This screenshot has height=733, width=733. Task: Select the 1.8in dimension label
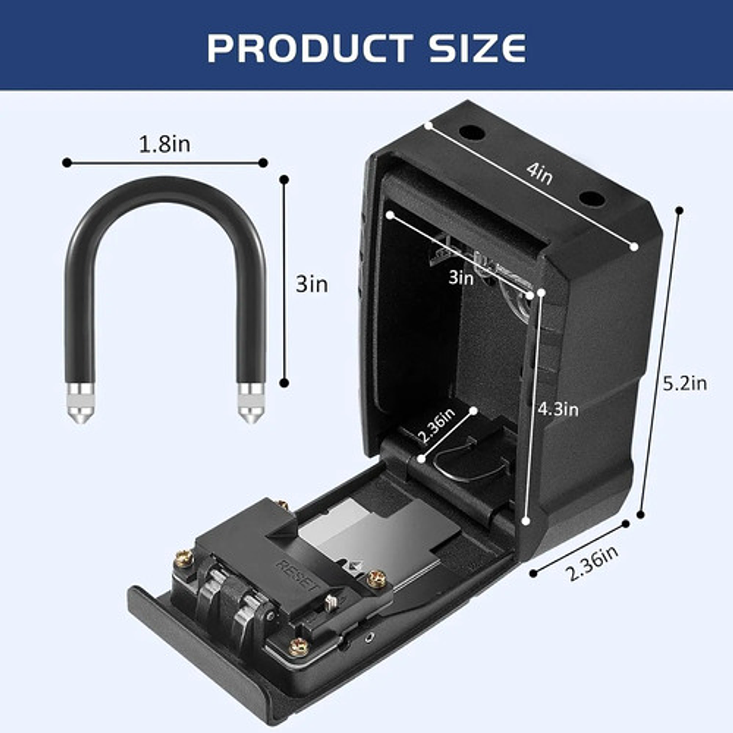pyautogui.click(x=164, y=144)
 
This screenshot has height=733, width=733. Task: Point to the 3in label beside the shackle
pyautogui.click(x=312, y=285)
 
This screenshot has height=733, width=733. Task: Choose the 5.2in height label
pyautogui.click(x=684, y=383)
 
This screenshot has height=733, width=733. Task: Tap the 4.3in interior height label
pyautogui.click(x=558, y=409)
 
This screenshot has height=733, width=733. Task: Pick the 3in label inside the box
pyautogui.click(x=460, y=279)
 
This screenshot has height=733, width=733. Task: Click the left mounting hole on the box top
pyautogui.click(x=472, y=133)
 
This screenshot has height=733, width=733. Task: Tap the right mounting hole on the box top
pyautogui.click(x=591, y=199)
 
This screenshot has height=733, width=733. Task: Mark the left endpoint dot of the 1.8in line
pyautogui.click(x=67, y=163)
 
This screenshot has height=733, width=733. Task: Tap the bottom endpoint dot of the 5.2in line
pyautogui.click(x=641, y=514)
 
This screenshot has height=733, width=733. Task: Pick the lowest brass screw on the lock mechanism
pyautogui.click(x=298, y=647)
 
